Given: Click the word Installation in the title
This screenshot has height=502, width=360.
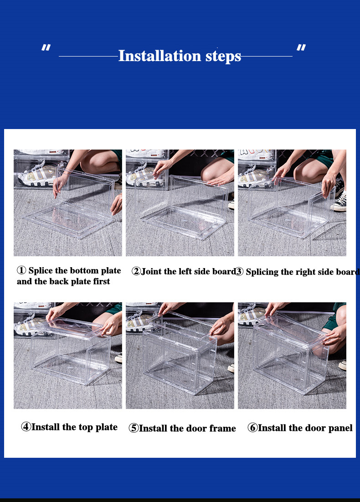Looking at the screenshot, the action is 159,56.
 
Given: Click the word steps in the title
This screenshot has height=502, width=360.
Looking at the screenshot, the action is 223,57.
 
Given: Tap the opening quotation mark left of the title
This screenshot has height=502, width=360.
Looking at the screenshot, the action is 46,48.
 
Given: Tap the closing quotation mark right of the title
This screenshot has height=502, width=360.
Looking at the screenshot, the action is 301,48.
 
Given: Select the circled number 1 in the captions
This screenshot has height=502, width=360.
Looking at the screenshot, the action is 21,270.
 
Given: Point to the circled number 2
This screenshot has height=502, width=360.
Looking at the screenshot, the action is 136,271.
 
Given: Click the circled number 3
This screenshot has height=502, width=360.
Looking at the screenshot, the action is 239,272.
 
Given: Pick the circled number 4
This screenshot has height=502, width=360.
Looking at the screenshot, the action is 26,427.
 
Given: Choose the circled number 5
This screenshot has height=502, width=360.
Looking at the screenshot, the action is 134,428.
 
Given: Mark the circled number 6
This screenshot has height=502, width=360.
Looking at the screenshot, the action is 252,427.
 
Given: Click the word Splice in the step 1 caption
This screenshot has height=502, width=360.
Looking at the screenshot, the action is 41,271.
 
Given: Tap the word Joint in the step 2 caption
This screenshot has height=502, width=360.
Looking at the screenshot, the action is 151,271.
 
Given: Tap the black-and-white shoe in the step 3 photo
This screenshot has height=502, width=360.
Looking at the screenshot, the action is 339,202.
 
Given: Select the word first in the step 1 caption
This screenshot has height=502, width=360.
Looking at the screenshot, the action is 102,281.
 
